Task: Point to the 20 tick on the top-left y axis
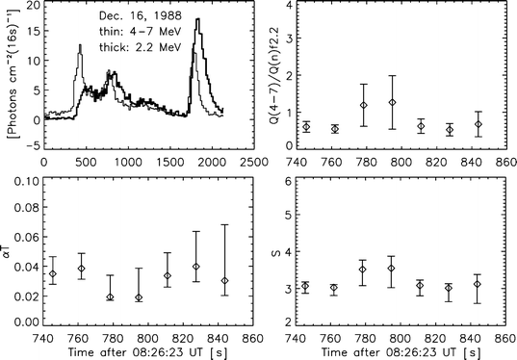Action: (x=29, y=7)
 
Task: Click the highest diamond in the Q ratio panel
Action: (x=392, y=102)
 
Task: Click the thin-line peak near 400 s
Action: (x=80, y=45)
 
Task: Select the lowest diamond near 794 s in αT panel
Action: (x=140, y=297)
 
